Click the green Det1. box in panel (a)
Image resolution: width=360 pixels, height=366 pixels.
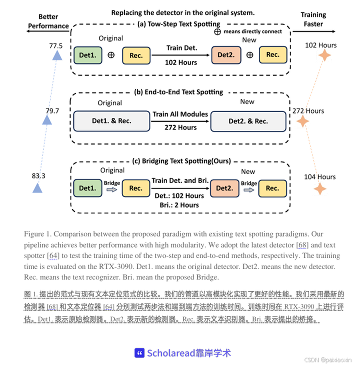(x=87, y=55)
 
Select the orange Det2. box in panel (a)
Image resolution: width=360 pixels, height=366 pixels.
(x=225, y=55)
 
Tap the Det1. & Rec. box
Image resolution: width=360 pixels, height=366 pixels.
(x=111, y=121)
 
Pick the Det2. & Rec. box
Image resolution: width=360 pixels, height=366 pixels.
(x=248, y=121)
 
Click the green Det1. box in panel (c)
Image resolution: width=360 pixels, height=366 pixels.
(x=87, y=188)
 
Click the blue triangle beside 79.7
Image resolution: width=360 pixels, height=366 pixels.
(x=47, y=120)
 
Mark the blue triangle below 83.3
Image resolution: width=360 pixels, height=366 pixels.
(x=37, y=188)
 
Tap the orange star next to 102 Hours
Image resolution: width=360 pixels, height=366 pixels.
(x=325, y=55)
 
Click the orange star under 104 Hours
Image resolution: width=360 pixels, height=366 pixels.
(x=320, y=188)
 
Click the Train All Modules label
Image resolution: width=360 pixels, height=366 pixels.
(x=180, y=114)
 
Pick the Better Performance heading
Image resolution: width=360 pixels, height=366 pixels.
(x=48, y=21)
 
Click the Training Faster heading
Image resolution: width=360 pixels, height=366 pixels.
(x=313, y=19)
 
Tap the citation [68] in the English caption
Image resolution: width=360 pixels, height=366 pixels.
(x=302, y=245)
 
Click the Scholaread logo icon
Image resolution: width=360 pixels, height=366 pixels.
(x=139, y=352)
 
